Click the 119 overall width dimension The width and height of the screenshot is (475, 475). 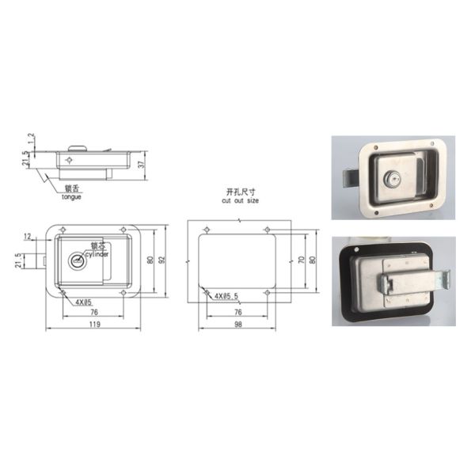[x=93, y=325]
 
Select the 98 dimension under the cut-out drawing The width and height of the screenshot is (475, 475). [x=238, y=325]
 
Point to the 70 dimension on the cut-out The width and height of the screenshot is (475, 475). [x=301, y=260]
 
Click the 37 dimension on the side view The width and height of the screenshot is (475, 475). [x=140, y=165]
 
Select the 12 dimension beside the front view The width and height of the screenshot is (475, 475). [x=28, y=237]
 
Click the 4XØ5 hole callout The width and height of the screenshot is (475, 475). [x=84, y=302]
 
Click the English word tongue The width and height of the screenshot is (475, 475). [x=70, y=196]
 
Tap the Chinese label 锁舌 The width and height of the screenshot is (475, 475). [x=70, y=188]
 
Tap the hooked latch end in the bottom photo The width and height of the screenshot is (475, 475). [x=444, y=278]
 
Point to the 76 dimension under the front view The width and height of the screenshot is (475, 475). [x=93, y=311]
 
